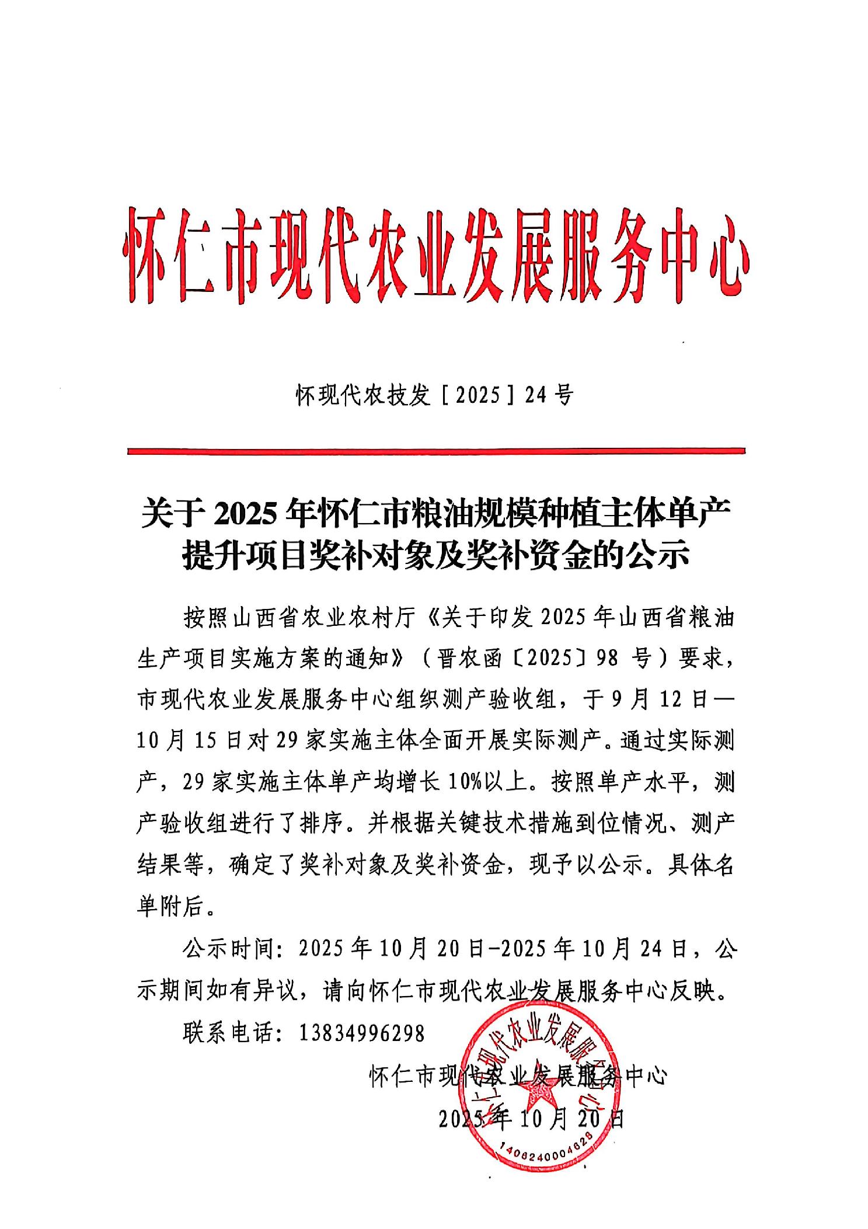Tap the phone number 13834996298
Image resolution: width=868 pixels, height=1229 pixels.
(x=361, y=1033)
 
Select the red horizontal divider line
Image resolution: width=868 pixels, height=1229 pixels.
(x=435, y=450)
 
